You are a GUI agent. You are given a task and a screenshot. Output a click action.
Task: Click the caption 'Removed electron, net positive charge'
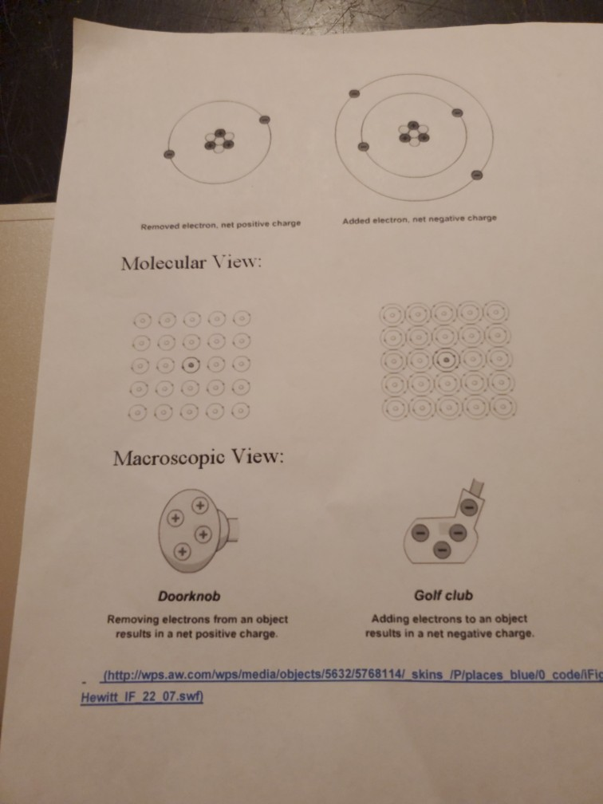click(220, 224)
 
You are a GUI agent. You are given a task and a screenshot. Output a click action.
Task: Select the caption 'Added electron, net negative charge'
click(419, 219)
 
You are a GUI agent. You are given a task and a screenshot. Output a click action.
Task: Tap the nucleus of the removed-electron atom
click(219, 141)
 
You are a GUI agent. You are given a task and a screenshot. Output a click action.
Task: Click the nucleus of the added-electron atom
click(412, 132)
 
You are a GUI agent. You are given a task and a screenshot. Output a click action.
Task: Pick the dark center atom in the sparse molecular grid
click(191, 366)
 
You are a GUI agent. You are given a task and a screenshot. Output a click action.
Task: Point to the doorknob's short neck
click(235, 526)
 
